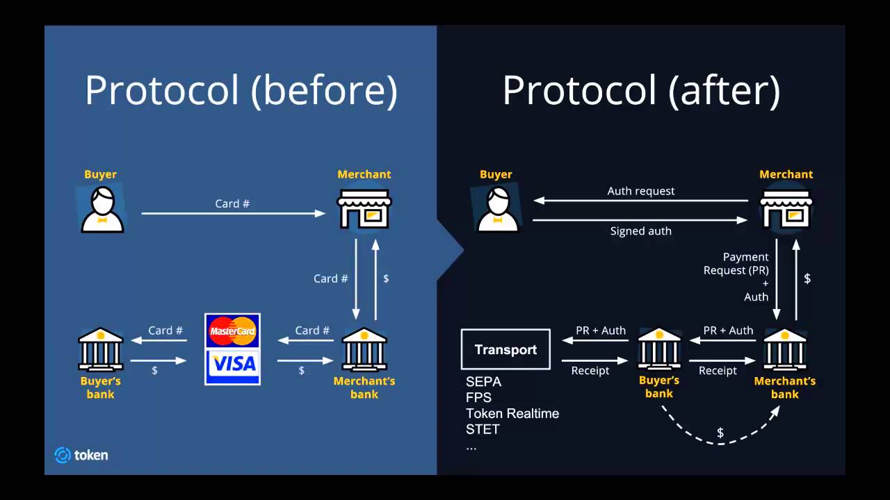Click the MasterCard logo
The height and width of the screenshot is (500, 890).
[x=233, y=331]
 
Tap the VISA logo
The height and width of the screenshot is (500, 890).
[x=233, y=363]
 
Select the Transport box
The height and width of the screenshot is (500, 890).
[x=505, y=349]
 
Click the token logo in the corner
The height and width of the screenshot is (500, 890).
[x=81, y=456]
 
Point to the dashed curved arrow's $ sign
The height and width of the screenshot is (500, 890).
[x=720, y=433]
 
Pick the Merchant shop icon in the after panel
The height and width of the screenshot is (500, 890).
[x=786, y=207]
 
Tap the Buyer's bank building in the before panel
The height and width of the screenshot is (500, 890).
[x=101, y=349]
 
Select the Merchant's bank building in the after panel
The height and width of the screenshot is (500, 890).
[x=784, y=349]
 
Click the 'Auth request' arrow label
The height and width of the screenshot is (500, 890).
[x=640, y=191]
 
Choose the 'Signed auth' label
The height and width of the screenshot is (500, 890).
[x=640, y=231]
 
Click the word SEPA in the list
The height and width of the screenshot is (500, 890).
[x=483, y=382]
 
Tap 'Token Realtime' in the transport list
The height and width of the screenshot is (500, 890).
[x=512, y=414]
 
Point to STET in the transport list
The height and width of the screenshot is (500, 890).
[x=483, y=430]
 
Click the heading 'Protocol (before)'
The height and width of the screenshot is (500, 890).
[x=241, y=91]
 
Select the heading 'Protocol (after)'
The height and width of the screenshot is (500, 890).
[x=640, y=91]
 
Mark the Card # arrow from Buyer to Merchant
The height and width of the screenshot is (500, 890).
[x=234, y=213]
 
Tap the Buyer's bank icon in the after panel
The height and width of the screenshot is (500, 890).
[x=658, y=349]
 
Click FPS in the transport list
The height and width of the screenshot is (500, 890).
[x=478, y=398]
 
